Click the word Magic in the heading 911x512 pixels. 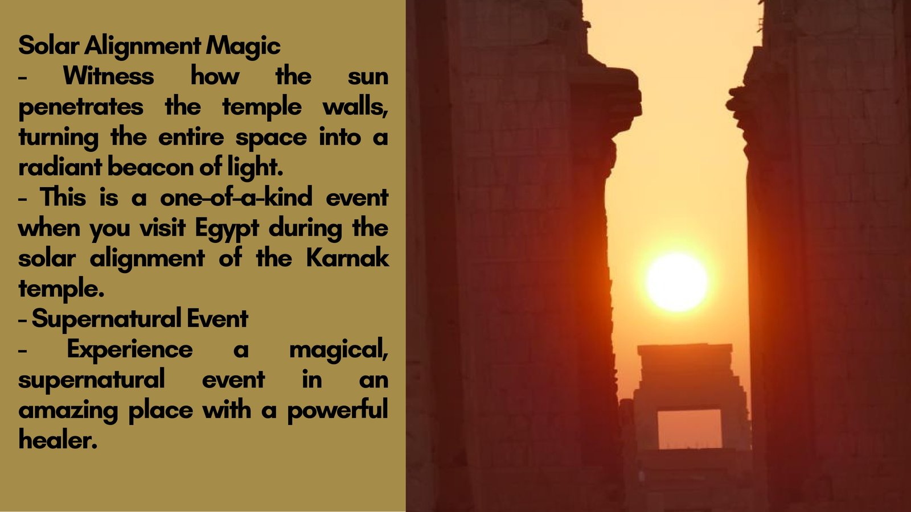(243, 46)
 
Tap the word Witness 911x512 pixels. (109, 76)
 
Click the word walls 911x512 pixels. (355, 107)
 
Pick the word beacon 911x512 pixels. (150, 168)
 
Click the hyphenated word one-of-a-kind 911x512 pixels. (236, 197)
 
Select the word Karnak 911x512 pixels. (348, 258)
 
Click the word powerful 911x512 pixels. (338, 410)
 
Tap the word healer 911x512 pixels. (58, 440)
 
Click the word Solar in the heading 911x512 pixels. (49, 46)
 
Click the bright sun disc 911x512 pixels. (677, 282)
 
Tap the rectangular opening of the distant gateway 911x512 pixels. (690, 429)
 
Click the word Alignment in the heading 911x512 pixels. (143, 46)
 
